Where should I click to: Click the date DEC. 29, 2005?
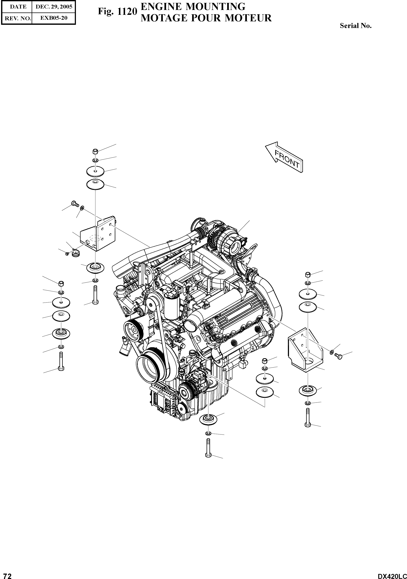tap(54, 7)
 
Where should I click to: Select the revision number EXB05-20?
tap(54, 18)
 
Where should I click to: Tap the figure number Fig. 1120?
tap(117, 12)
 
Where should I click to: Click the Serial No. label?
tap(356, 26)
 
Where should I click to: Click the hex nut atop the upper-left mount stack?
tap(95, 152)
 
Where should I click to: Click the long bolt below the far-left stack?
tap(61, 361)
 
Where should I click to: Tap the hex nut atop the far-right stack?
tap(308, 275)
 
